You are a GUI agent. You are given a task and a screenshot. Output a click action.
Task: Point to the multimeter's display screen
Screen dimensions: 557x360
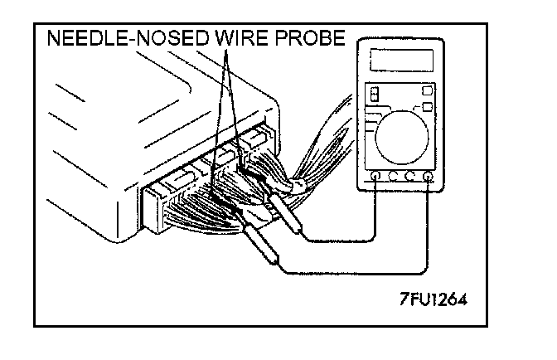[x=402, y=60]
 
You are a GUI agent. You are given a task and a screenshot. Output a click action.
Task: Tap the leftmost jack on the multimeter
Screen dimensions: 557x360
[x=375, y=176]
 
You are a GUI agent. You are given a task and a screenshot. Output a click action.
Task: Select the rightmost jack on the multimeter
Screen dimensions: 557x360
[x=428, y=176]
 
